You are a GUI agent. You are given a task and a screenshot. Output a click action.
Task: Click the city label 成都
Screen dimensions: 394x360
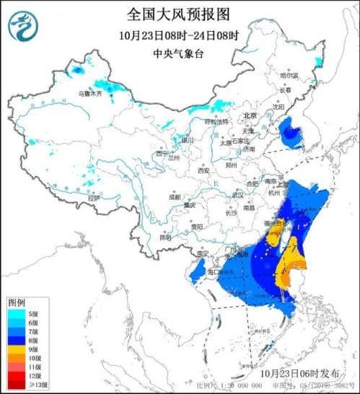coord(175,196)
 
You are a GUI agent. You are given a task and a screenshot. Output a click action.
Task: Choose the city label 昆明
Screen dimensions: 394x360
coord(166,237)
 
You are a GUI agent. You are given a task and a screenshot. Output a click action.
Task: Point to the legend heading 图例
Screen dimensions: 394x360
coord(17,301)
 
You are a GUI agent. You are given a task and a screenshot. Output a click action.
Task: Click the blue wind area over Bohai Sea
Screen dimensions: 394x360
coord(291,131)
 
